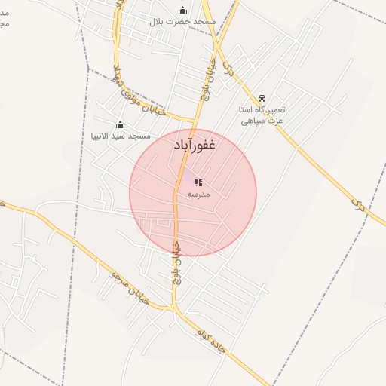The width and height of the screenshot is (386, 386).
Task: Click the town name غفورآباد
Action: click(194, 146)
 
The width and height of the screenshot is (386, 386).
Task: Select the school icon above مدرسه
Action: click(198, 182)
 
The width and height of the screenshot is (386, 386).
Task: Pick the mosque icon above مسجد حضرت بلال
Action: click(182, 10)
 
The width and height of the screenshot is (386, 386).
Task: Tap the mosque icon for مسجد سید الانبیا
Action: click(120, 124)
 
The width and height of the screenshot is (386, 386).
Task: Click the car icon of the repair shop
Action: click(261, 99)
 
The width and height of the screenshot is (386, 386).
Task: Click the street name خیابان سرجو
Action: click(128, 290)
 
